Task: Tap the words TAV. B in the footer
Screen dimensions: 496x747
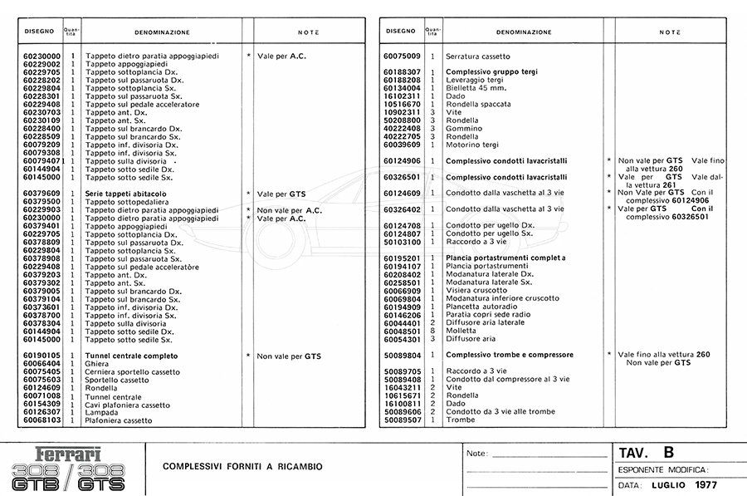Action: coord(646,453)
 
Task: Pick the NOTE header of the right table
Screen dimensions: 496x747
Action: coord(670,32)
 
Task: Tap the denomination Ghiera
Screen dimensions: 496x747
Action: coord(98,364)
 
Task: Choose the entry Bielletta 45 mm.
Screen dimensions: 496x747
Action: coord(476,88)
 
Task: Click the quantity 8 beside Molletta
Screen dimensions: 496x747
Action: coord(432,331)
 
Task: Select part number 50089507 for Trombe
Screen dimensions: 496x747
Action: coord(403,420)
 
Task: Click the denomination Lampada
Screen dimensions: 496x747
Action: coord(102,412)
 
